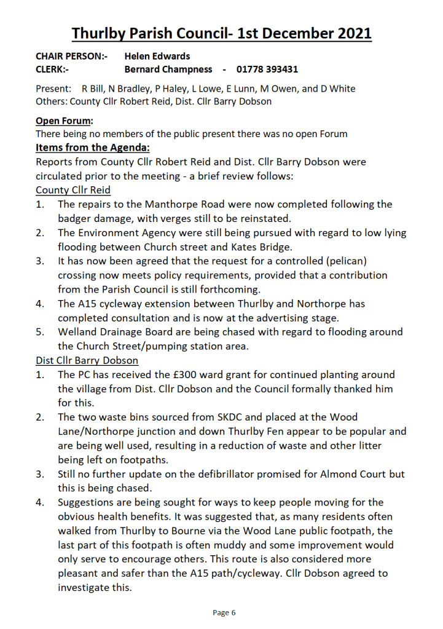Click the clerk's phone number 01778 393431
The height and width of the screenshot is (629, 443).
[x=267, y=69]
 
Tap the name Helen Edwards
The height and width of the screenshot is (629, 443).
[x=157, y=56]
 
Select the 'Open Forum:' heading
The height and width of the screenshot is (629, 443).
[x=65, y=121]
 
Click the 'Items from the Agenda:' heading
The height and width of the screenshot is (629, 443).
[x=93, y=148]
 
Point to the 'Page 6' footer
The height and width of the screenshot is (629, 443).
[x=224, y=612]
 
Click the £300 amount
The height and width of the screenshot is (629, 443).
[x=183, y=374]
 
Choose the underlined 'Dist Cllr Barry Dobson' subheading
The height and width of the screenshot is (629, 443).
[x=87, y=360]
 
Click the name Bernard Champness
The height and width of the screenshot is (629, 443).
[x=168, y=69]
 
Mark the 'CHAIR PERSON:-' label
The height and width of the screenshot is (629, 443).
[x=72, y=56]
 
